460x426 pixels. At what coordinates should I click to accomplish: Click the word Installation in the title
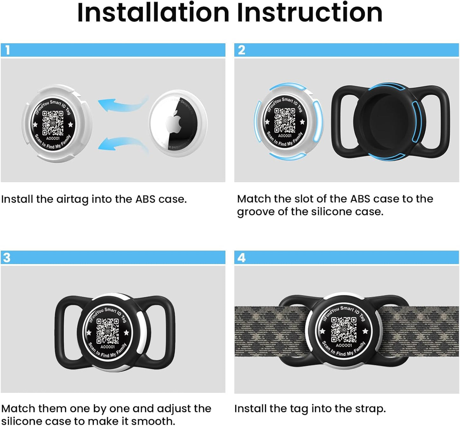click(153, 13)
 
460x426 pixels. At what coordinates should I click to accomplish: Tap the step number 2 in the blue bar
click(242, 50)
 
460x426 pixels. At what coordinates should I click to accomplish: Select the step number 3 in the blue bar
click(7, 258)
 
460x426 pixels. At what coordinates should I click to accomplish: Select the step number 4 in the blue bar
click(242, 258)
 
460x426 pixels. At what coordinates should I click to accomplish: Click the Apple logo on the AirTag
click(174, 122)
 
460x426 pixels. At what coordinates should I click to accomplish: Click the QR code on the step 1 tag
click(53, 123)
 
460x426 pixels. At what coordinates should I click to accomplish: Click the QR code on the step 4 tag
click(344, 329)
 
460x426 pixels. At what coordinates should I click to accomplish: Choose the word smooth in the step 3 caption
click(152, 421)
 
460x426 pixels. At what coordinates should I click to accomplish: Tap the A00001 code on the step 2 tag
click(285, 136)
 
